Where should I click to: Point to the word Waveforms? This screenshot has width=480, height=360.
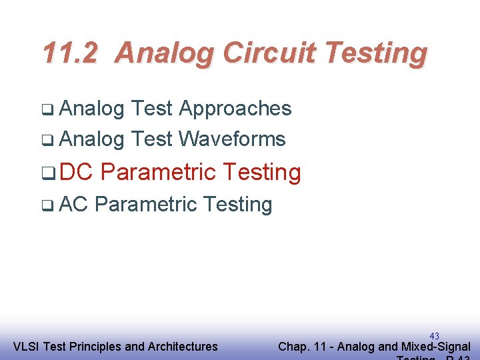233,139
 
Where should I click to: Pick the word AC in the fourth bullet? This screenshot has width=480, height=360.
73,204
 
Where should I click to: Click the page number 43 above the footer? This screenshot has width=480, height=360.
435,336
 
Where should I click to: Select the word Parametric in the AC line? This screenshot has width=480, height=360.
137,204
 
